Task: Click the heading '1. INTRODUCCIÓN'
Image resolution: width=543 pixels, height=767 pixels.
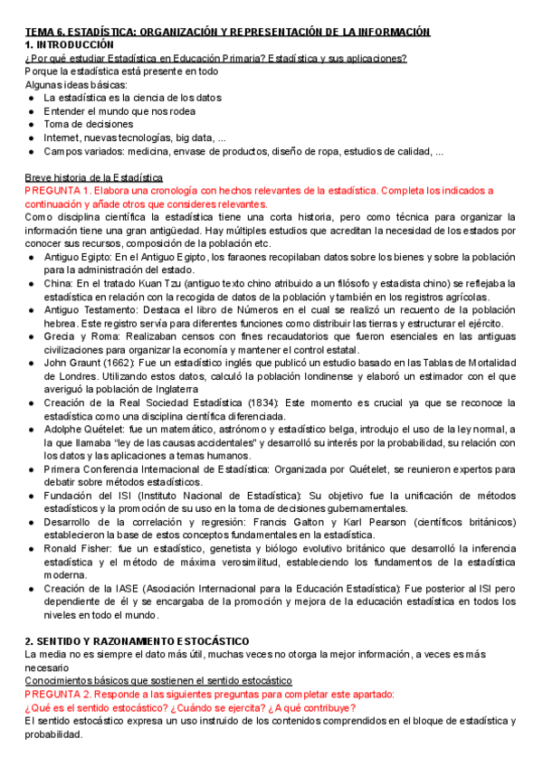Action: pyautogui.click(x=70, y=44)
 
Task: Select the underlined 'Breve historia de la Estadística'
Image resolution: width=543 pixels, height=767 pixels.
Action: pyautogui.click(x=94, y=177)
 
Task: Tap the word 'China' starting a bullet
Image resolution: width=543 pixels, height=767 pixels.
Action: pyautogui.click(x=57, y=284)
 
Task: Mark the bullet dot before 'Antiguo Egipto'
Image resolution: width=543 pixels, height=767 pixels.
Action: pyautogui.click(x=33, y=258)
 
